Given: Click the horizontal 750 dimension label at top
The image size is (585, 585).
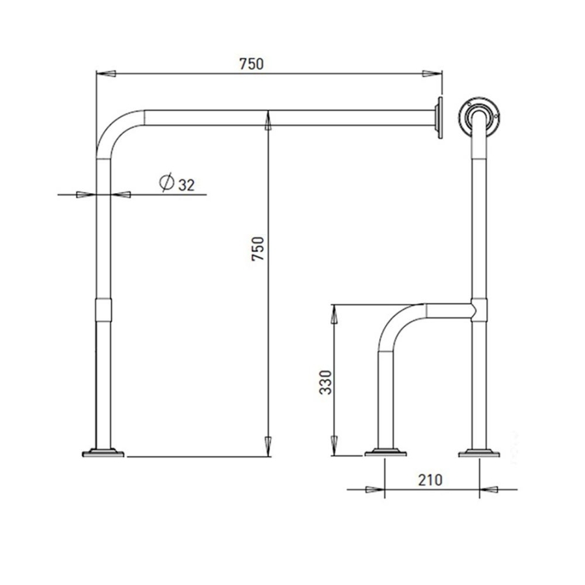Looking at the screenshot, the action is (251, 64).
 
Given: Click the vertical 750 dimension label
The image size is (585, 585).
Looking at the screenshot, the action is (258, 249).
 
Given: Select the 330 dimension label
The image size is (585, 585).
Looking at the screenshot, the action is (326, 382).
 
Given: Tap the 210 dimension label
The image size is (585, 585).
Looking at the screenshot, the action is (430, 480).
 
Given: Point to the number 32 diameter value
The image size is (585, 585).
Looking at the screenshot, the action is (186, 185).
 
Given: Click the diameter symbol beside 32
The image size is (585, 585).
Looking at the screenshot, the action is (166, 182).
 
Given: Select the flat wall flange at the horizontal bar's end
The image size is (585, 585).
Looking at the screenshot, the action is (439, 118).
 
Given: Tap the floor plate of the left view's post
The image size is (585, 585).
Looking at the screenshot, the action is (103, 453).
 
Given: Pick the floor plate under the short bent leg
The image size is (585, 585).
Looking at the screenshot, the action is (385, 453).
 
